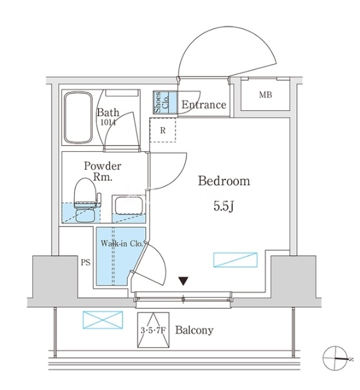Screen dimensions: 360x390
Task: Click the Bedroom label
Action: point(224,181)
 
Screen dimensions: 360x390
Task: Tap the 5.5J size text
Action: point(224,206)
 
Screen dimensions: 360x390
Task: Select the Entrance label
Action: point(204,105)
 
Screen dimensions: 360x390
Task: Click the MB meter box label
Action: point(265,95)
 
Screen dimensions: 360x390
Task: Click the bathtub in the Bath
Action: point(78,118)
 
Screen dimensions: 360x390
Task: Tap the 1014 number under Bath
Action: point(108,122)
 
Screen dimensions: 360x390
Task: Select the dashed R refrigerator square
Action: point(163,130)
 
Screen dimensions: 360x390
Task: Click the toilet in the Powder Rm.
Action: point(86,200)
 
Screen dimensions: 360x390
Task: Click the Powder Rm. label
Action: point(103,172)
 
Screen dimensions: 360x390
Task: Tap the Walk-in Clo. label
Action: point(122,243)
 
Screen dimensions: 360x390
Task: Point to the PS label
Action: point(85,262)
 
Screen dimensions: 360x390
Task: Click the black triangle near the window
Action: point(184,281)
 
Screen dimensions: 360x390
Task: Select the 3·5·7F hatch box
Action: point(154,330)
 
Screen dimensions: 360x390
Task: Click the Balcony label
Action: point(194,331)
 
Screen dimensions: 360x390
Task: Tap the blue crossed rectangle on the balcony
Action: point(103,320)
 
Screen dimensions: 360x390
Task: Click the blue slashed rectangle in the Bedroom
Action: point(235,260)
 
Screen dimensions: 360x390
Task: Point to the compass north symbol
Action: point(335,358)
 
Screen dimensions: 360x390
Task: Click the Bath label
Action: point(108,112)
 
